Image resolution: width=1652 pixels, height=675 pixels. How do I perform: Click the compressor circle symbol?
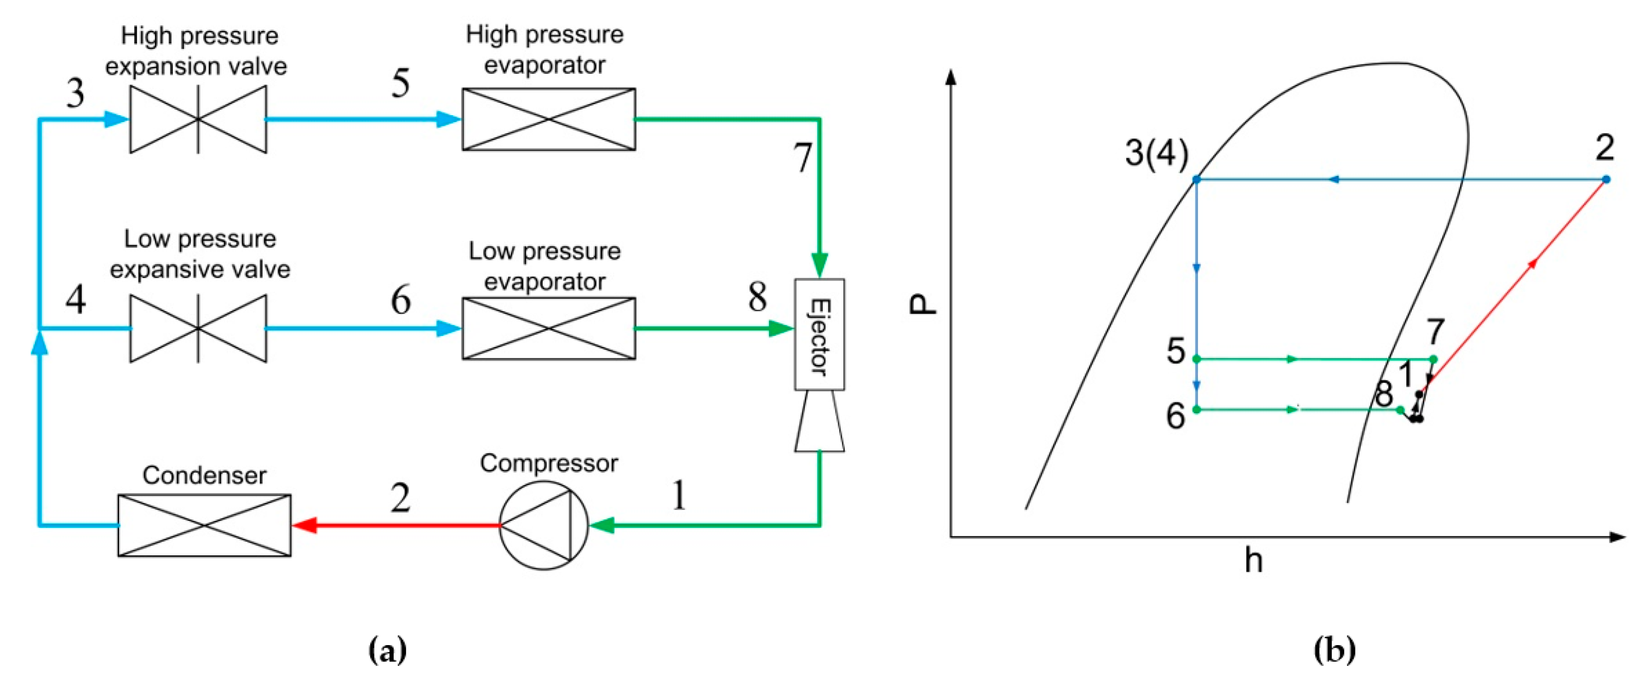click(543, 526)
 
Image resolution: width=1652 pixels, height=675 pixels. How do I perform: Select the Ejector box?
click(819, 335)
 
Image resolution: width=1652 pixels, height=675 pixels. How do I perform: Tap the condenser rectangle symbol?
click(204, 525)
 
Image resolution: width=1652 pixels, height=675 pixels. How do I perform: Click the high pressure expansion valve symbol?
click(198, 119)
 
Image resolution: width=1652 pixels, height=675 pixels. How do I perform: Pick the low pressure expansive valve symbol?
click(198, 329)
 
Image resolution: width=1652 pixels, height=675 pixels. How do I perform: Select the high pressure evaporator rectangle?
click(548, 119)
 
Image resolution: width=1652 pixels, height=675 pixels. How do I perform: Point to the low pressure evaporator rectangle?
click(548, 329)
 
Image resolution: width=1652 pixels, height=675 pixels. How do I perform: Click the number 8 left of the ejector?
click(757, 297)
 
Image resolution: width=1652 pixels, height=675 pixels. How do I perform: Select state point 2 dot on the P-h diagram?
click(1606, 179)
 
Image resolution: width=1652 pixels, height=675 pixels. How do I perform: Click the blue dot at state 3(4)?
click(1196, 179)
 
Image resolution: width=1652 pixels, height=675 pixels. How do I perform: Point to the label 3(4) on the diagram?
click(1156, 154)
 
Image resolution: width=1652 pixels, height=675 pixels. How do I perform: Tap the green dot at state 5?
click(1196, 358)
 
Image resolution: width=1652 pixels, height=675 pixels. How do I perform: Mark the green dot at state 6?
click(1196, 409)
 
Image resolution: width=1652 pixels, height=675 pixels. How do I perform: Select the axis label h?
click(1253, 560)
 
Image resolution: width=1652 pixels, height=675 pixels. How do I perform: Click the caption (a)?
click(387, 651)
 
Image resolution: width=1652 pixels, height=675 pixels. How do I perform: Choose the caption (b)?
click(1335, 651)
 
